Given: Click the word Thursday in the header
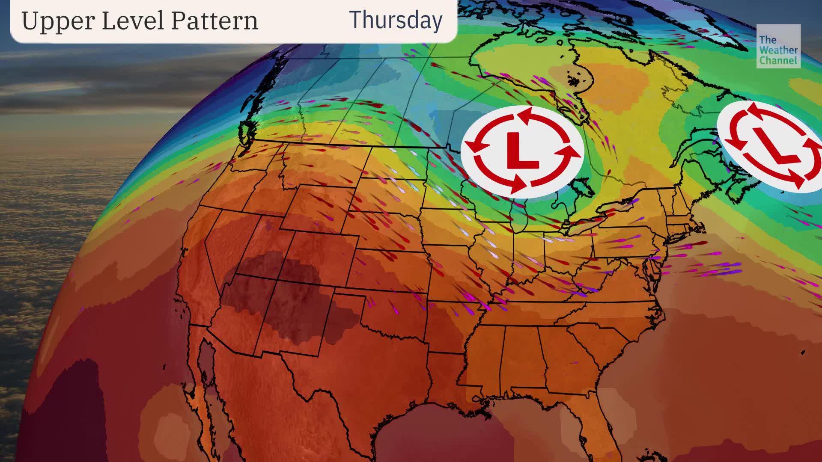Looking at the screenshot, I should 396,20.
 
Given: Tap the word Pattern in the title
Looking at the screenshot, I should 214,21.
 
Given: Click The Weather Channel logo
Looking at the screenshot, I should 778,46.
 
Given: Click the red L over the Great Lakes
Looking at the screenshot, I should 522,151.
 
